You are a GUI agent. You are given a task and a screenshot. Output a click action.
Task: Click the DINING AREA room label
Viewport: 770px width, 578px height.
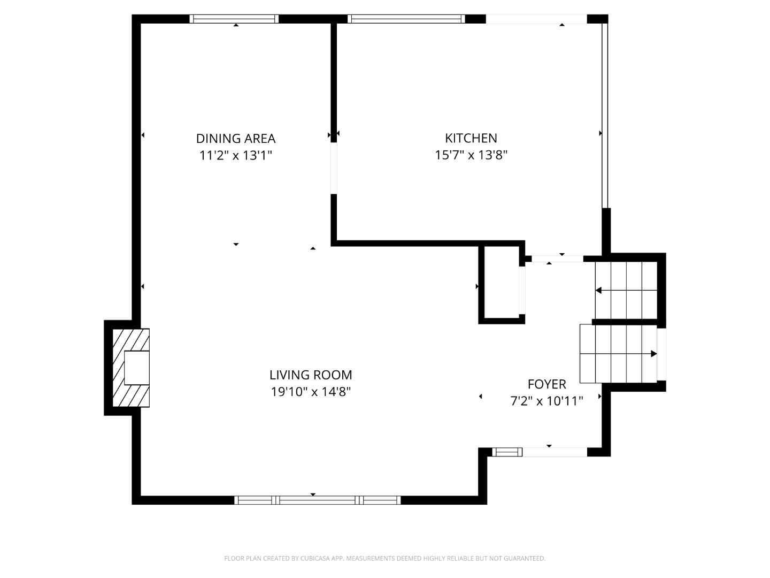pyautogui.click(x=235, y=139)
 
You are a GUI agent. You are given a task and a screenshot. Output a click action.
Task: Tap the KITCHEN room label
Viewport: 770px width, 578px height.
pyautogui.click(x=471, y=138)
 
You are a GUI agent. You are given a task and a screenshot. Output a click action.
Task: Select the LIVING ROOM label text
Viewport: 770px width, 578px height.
pyautogui.click(x=310, y=375)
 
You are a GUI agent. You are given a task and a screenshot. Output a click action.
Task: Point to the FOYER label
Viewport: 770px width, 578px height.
pyautogui.click(x=546, y=384)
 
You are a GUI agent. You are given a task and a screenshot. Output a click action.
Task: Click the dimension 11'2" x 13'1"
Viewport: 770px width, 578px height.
pyautogui.click(x=235, y=156)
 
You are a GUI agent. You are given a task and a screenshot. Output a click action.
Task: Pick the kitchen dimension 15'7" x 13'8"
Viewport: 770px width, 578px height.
pyautogui.click(x=471, y=155)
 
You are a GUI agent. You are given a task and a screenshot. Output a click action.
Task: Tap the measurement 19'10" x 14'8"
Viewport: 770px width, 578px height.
pyautogui.click(x=310, y=392)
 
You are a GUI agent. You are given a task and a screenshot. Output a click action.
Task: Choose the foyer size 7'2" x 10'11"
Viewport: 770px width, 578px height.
pyautogui.click(x=546, y=401)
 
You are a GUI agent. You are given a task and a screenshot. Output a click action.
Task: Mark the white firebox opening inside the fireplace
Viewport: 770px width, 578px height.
pyautogui.click(x=136, y=368)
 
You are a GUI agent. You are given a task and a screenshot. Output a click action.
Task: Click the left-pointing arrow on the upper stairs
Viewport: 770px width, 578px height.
pyautogui.click(x=599, y=291)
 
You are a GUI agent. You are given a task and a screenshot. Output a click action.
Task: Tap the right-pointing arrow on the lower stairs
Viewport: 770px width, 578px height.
pyautogui.click(x=653, y=354)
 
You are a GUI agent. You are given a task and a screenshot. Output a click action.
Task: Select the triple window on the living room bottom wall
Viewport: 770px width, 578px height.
pyautogui.click(x=318, y=500)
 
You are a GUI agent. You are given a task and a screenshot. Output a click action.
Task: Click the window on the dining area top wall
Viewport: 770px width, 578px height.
pyautogui.click(x=235, y=19)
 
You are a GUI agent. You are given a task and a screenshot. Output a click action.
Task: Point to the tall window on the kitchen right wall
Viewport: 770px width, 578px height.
pyautogui.click(x=605, y=115)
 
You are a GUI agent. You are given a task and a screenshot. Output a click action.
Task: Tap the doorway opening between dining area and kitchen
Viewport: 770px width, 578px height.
pyautogui.click(x=334, y=168)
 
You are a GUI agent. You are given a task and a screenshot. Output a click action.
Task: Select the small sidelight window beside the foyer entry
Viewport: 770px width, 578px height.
pyautogui.click(x=507, y=452)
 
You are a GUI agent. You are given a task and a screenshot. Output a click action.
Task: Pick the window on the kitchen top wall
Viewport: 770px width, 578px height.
pyautogui.click(x=406, y=19)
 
